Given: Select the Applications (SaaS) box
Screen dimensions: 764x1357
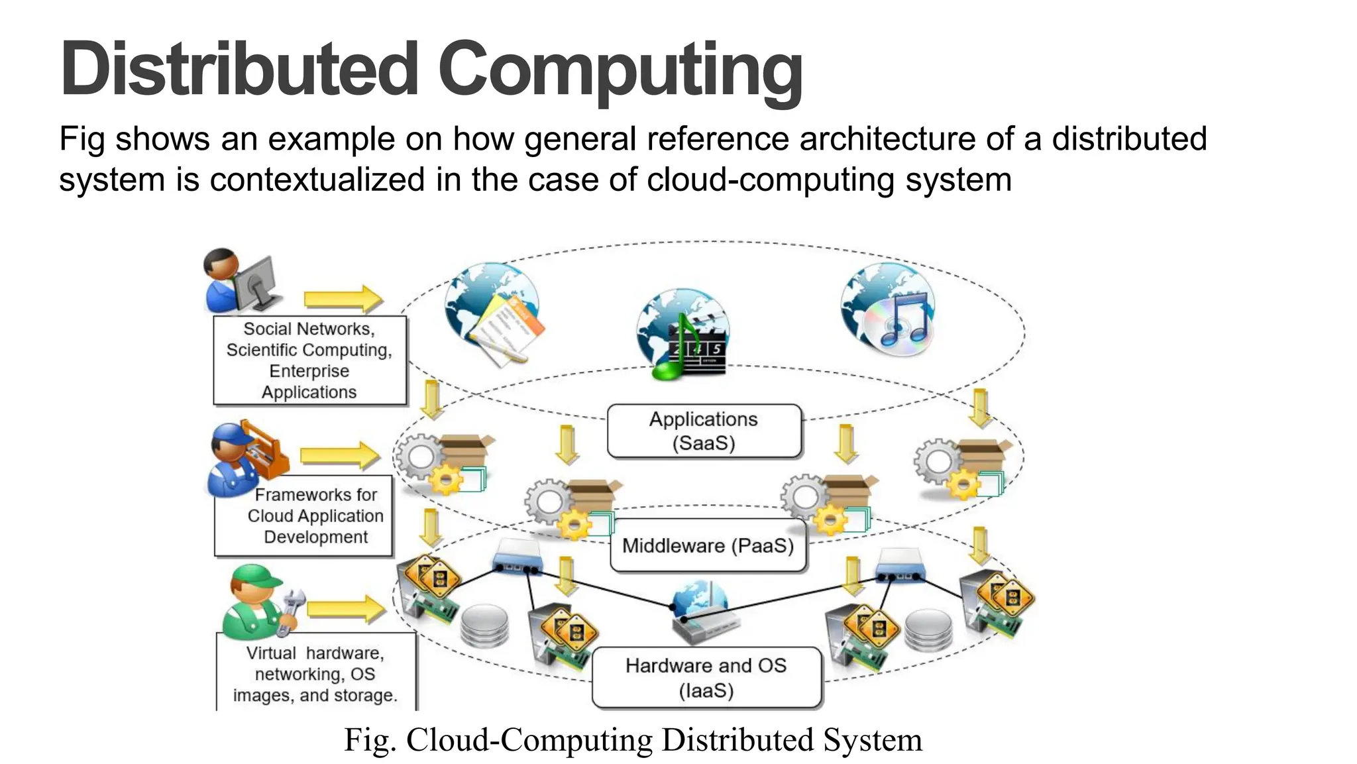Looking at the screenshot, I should click(x=704, y=431).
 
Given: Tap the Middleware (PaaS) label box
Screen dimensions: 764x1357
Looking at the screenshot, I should click(x=708, y=546).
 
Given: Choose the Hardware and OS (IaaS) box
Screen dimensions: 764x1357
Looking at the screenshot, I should click(x=706, y=678).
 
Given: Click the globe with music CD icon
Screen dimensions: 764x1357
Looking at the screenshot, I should click(x=889, y=310).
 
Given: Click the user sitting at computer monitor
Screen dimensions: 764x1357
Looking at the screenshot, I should click(x=240, y=282).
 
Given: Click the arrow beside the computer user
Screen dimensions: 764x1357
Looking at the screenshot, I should click(x=343, y=300).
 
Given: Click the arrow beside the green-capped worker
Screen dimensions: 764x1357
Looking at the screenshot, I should click(x=345, y=608).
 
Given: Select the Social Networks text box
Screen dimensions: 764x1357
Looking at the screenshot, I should click(x=309, y=360).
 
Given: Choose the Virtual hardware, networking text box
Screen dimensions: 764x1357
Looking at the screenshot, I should click(x=316, y=673).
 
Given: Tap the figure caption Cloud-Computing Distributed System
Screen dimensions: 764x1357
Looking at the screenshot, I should click(x=633, y=740).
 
